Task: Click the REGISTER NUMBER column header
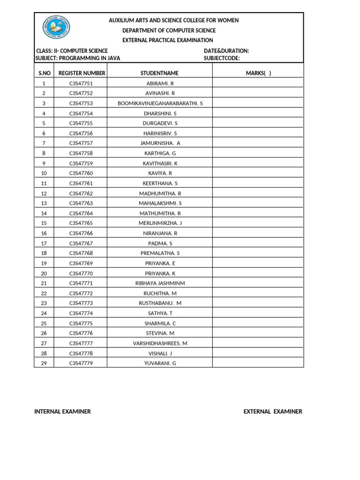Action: (x=82, y=73)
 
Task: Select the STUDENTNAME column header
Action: (x=159, y=73)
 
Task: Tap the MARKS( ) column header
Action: (x=258, y=73)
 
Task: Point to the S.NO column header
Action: (x=44, y=73)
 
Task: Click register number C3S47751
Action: (x=81, y=83)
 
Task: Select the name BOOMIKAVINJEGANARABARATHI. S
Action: (x=160, y=103)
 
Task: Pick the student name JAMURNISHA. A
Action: (x=160, y=143)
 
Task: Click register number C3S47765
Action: (x=81, y=223)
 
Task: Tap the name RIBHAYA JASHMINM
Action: (x=160, y=283)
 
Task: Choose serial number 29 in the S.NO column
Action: (x=44, y=363)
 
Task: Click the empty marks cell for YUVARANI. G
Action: (x=258, y=363)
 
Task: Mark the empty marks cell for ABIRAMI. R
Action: (x=258, y=83)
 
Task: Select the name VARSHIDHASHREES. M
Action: (x=160, y=343)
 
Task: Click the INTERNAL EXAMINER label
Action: (x=63, y=412)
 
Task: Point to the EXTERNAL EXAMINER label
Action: (x=273, y=412)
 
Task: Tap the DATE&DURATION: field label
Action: (x=226, y=51)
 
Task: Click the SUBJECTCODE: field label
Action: (x=222, y=58)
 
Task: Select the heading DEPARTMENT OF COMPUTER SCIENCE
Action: (x=169, y=30)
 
